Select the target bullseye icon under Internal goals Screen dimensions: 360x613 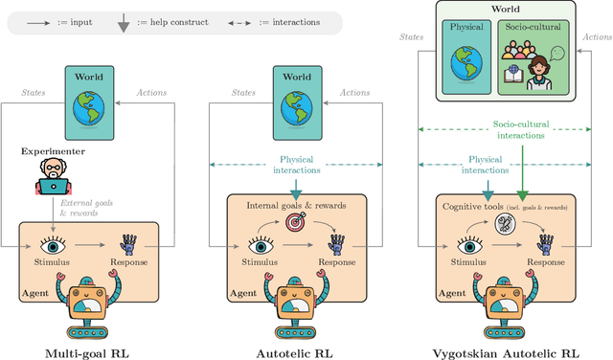[297, 222]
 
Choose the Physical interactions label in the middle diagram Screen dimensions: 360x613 [296, 165]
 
